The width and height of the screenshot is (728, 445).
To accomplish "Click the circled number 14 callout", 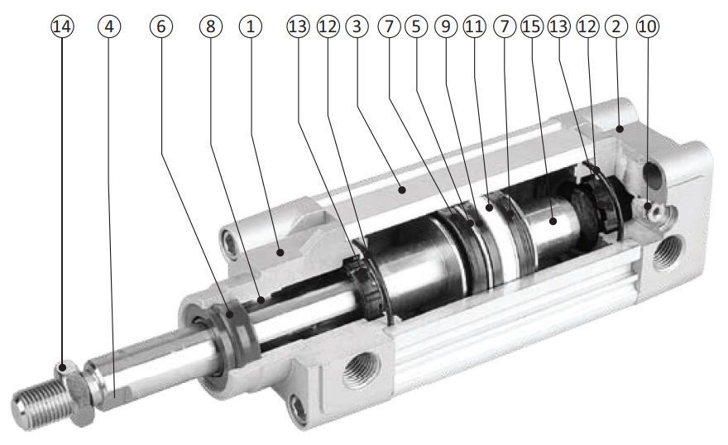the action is point(62,26).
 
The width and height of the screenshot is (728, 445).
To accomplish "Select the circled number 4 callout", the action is point(109,26).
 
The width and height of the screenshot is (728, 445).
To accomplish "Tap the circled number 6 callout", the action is point(161,26).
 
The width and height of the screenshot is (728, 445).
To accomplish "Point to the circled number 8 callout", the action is point(211,26).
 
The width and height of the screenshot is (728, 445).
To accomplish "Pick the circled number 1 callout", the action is point(251,26).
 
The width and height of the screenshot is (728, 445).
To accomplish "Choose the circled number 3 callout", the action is point(357,26).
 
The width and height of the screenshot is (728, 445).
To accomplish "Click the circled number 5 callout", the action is point(416,26).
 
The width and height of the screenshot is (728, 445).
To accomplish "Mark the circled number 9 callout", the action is point(446,26).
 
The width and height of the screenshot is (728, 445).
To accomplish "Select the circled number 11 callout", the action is point(475,26).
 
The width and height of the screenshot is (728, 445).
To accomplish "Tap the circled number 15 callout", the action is point(532,26).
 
